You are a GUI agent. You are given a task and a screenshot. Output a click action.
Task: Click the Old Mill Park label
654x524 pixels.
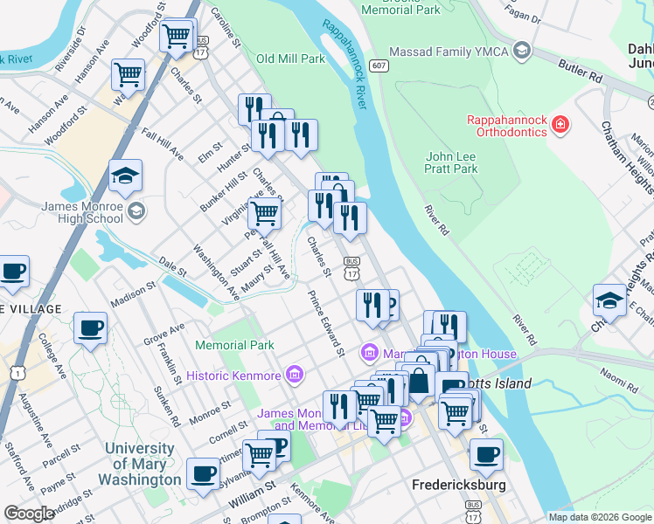290,59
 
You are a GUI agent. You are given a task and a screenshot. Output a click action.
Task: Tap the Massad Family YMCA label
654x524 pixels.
449,52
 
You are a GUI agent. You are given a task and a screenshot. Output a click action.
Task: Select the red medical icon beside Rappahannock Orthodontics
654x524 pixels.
560,128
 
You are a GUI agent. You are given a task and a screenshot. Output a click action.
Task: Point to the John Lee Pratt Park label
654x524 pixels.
451,162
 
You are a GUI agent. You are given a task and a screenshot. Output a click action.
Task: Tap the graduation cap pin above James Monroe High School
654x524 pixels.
125,176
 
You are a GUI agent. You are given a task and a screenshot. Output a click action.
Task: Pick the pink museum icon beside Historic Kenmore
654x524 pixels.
294,376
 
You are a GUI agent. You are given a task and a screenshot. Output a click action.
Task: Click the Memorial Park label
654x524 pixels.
235,346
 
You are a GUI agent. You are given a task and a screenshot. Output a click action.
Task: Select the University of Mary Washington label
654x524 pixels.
140,464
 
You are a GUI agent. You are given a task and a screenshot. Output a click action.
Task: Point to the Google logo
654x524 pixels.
29,514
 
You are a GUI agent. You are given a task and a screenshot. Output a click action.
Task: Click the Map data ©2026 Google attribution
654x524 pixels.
599,516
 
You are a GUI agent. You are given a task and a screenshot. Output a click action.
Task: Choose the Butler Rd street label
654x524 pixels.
582,72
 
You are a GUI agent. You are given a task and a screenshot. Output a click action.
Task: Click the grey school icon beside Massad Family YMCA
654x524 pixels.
522,51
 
